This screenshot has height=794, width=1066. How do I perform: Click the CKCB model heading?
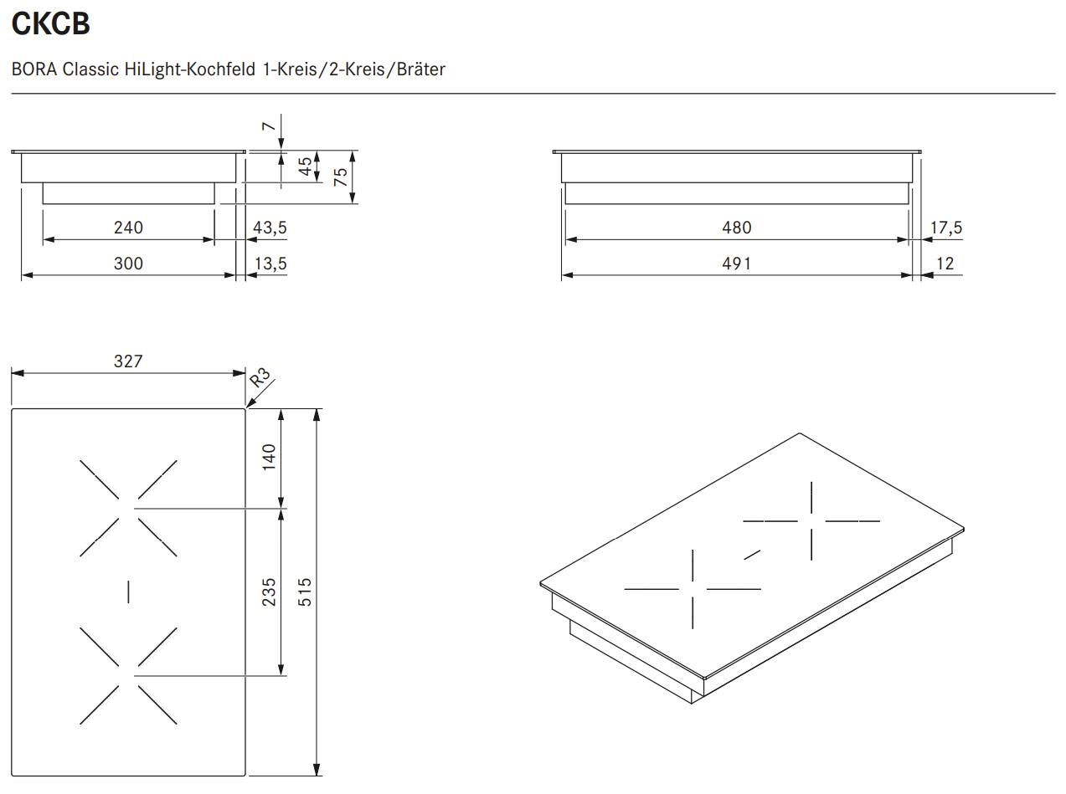point(50,23)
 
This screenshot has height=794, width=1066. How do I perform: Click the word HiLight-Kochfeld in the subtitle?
point(189,69)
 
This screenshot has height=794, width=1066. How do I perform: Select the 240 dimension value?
point(128,228)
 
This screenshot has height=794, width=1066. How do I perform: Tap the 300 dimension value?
point(128,264)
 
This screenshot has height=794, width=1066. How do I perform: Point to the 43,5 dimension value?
point(270,228)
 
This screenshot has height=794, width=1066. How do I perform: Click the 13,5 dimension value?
point(270,264)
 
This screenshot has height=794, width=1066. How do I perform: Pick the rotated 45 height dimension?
point(305,166)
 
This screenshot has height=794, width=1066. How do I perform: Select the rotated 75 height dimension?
point(341,177)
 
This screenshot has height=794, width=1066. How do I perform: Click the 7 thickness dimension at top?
point(268,126)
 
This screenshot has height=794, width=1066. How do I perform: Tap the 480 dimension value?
point(736,228)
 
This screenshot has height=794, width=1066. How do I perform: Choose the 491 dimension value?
point(736,264)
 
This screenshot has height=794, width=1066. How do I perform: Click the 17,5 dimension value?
point(945,228)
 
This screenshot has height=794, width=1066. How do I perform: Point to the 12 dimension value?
point(945,264)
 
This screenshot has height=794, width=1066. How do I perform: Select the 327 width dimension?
point(128,361)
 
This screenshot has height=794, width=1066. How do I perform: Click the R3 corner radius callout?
point(260,377)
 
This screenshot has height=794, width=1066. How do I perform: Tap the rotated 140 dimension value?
point(269,457)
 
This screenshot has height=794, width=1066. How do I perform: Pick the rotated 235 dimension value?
point(269,592)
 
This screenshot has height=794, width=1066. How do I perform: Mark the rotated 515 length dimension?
point(305,592)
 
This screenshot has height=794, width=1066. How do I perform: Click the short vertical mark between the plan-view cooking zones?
point(128,592)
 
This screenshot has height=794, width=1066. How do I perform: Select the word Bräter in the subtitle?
point(420,69)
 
